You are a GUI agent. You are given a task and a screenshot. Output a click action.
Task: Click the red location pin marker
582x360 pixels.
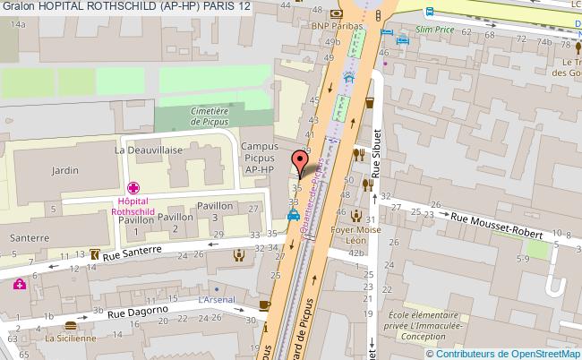pos(301,162)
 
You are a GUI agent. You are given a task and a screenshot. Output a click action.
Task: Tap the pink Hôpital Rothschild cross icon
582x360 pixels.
pos(133,190)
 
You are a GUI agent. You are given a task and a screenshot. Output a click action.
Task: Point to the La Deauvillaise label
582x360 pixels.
pos(142,151)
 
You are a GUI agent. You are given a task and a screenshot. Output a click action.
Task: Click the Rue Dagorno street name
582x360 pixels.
pos(140,313)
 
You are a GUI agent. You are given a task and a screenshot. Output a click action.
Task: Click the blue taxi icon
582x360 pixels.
pos(293,216)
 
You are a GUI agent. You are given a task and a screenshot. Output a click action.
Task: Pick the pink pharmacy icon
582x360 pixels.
pos(20,285)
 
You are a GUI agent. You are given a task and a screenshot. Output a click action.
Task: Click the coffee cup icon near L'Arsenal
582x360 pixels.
pos(264,305)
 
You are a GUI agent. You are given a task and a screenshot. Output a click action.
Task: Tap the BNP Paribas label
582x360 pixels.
pos(335,27)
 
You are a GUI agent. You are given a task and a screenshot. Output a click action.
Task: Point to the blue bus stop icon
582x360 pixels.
pos(428,13)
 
